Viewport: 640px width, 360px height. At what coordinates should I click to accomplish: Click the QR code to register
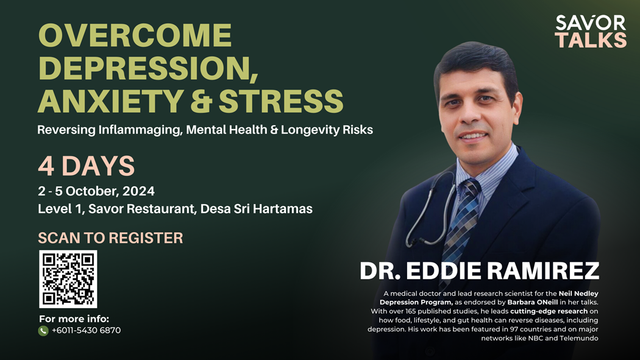tap(68, 279)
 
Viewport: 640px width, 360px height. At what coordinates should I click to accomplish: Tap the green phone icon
tap(43, 331)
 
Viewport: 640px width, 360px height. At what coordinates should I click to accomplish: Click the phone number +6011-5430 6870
tap(86, 330)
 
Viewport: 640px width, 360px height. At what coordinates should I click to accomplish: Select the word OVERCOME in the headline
tap(135, 35)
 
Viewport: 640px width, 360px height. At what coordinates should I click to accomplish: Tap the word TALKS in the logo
tap(591, 40)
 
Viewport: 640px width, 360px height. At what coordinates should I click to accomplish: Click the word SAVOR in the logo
tap(590, 23)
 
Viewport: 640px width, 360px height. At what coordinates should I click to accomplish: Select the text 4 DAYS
tap(86, 166)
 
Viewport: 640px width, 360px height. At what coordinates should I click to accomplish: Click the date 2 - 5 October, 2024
tap(96, 191)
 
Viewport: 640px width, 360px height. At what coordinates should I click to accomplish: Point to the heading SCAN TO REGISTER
tap(110, 238)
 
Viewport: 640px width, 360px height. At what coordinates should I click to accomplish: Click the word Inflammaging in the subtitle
tap(140, 130)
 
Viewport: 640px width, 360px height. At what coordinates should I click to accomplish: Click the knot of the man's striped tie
tap(470, 189)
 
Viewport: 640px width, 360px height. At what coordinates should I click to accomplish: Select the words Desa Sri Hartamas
tap(257, 209)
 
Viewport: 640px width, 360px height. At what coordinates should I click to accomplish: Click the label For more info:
tap(74, 319)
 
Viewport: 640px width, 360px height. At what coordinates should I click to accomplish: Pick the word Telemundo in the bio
tap(579, 338)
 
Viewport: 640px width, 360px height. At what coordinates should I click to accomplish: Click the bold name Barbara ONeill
tap(532, 302)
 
